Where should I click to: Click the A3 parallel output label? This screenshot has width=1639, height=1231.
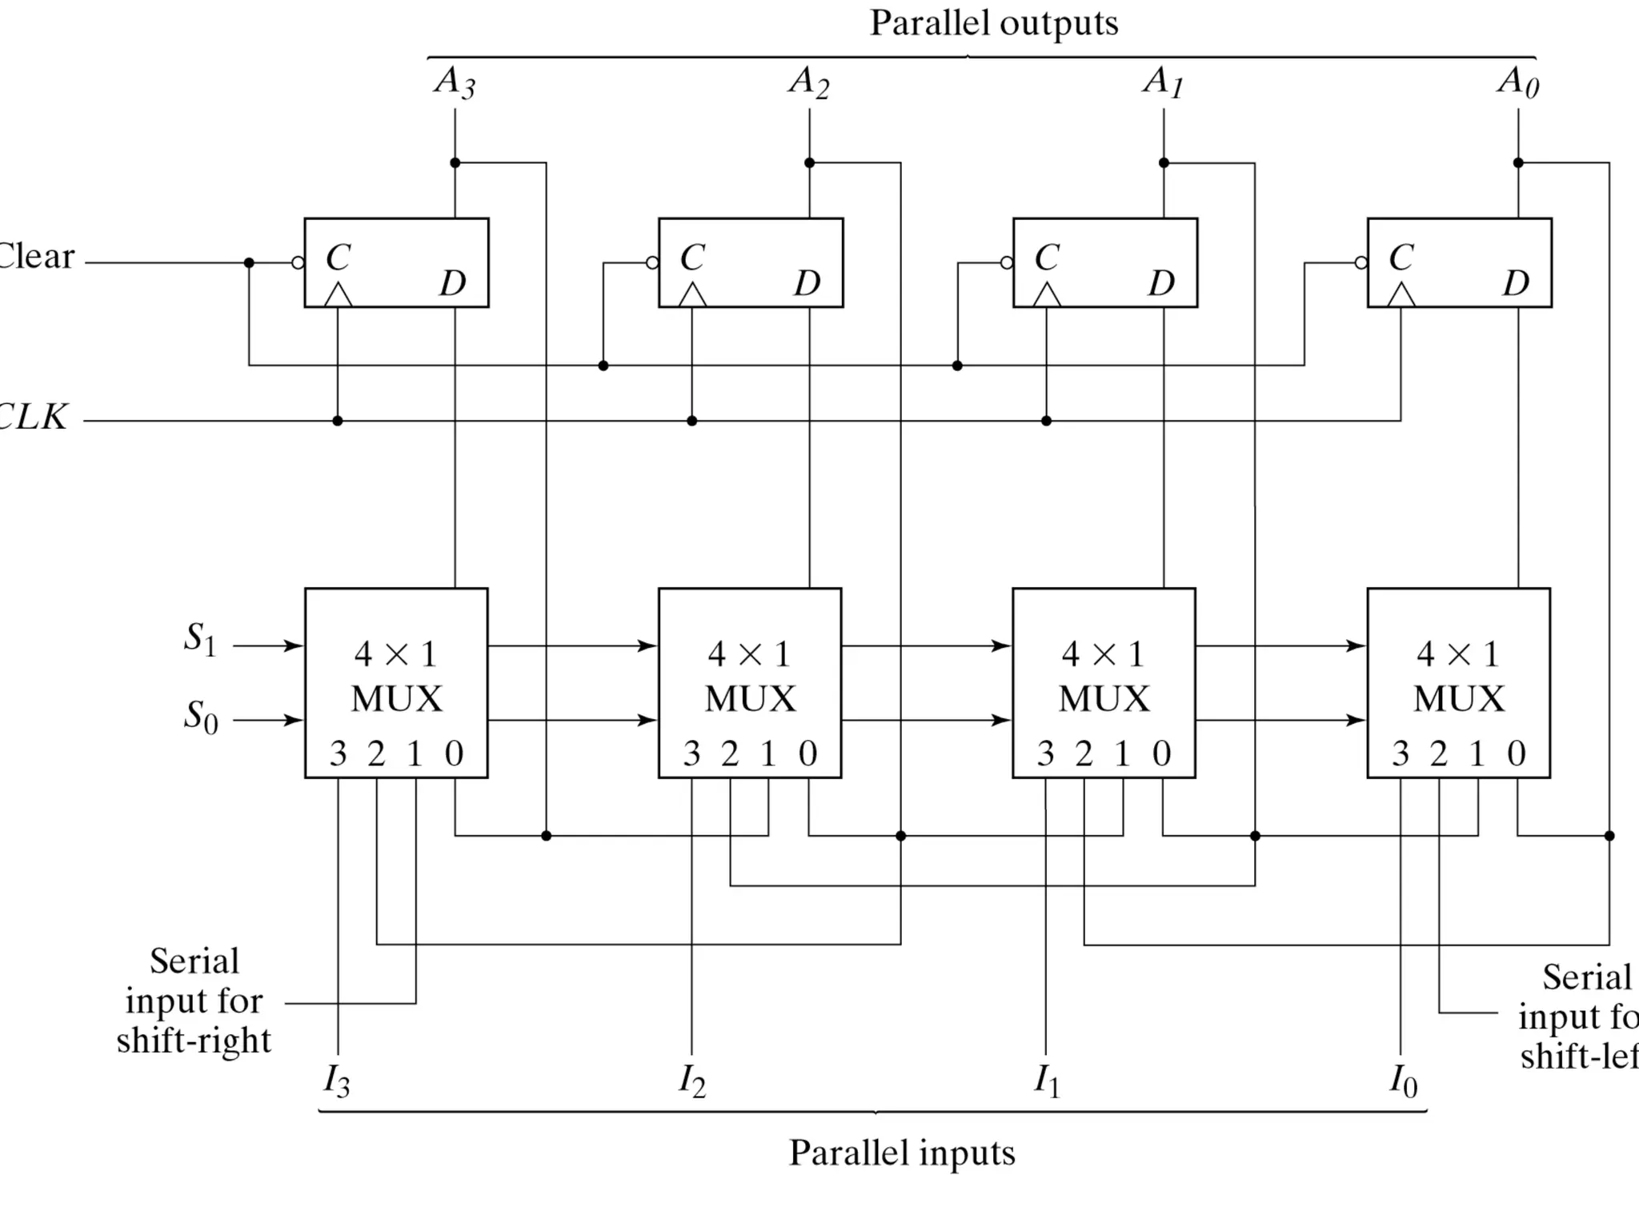pyautogui.click(x=455, y=82)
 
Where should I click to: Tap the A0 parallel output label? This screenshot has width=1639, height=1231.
pyautogui.click(x=1517, y=82)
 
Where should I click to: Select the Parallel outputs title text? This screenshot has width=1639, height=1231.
pyautogui.click(x=993, y=23)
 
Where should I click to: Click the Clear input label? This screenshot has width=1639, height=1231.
pyautogui.click(x=36, y=257)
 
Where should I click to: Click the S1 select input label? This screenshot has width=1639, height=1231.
pyautogui.click(x=200, y=639)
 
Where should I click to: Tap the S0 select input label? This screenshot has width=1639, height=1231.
pyautogui.click(x=200, y=716)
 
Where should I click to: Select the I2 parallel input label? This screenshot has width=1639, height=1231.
pyautogui.click(x=692, y=1081)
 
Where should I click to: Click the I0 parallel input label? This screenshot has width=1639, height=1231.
pyautogui.click(x=1403, y=1081)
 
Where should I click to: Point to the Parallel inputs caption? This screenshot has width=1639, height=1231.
pyautogui.click(x=902, y=1153)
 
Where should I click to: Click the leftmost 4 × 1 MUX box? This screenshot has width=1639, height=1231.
pyautogui.click(x=396, y=682)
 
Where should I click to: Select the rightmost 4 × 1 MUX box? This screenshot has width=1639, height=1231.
pyautogui.click(x=1458, y=682)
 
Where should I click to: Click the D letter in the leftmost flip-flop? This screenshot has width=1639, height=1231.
pyautogui.click(x=452, y=283)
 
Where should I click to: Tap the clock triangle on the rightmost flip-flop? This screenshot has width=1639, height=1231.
pyautogui.click(x=1401, y=295)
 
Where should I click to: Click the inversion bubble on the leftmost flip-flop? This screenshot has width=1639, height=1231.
pyautogui.click(x=298, y=262)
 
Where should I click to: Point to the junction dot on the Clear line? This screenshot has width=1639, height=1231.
pyautogui.click(x=249, y=262)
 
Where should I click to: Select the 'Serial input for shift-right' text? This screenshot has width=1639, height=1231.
pyautogui.click(x=194, y=1001)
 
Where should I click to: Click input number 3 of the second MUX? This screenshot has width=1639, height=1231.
pyautogui.click(x=691, y=753)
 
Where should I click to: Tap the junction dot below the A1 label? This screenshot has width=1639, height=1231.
pyautogui.click(x=1164, y=163)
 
